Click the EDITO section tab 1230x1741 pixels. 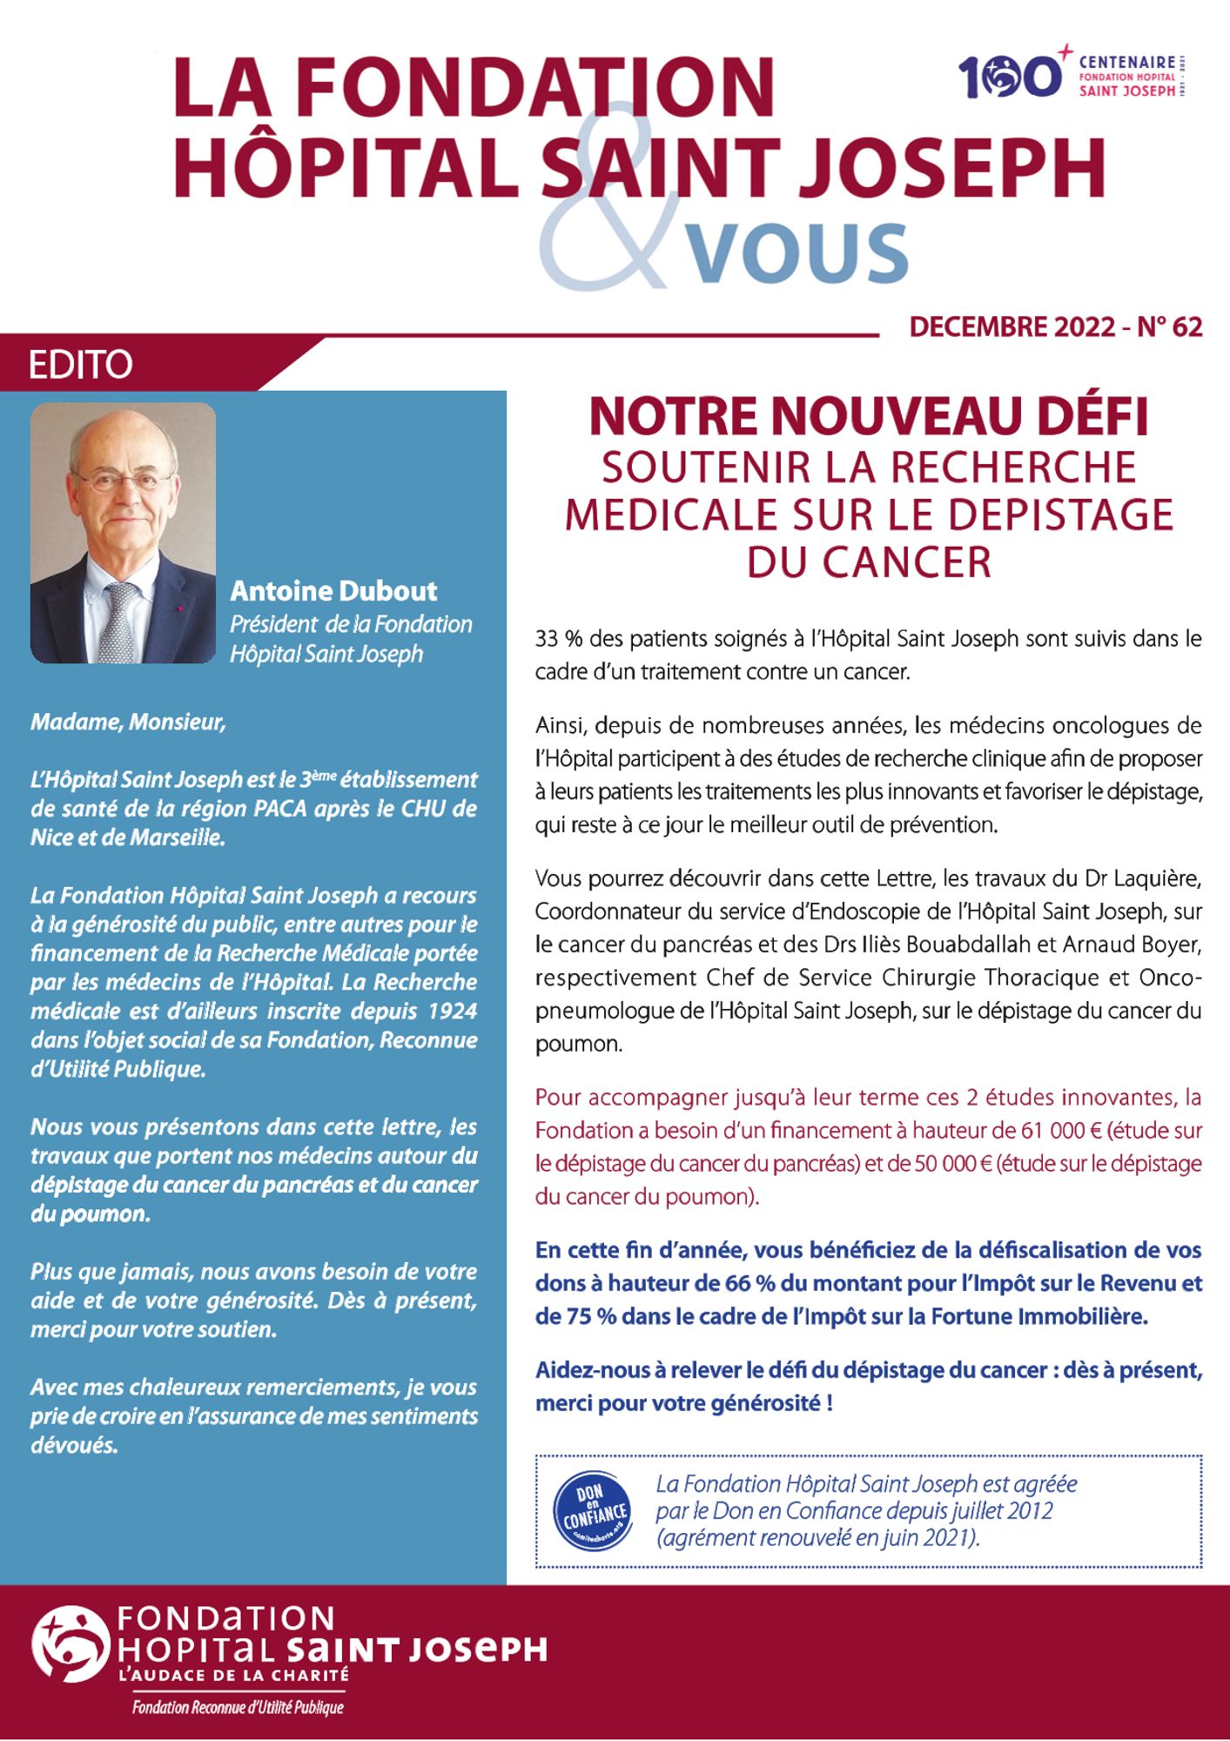pos(81,365)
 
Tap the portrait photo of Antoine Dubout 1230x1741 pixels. pos(123,533)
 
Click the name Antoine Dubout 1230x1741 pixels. pos(333,591)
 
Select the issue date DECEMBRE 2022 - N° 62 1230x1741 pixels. pos(1055,327)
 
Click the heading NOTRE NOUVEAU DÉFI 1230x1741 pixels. pos(869,418)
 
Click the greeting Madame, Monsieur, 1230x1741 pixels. pos(128,723)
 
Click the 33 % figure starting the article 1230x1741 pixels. pos(558,639)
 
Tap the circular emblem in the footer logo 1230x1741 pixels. pos(71,1644)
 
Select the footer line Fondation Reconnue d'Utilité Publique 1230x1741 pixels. pos(238,1708)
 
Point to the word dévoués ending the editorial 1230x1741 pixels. pos(74,1446)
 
